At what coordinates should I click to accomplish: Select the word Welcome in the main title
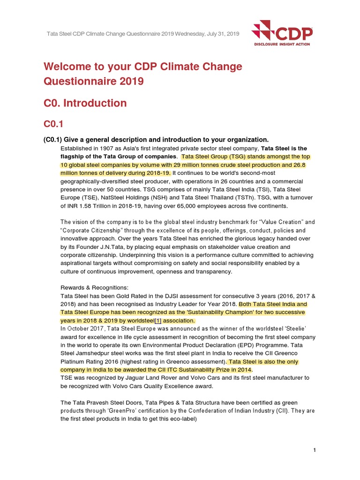67,67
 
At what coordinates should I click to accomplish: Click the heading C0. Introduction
85,103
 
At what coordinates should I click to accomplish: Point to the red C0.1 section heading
53,124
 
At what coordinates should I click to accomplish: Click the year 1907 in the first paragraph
103,148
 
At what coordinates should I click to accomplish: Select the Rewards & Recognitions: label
94,287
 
